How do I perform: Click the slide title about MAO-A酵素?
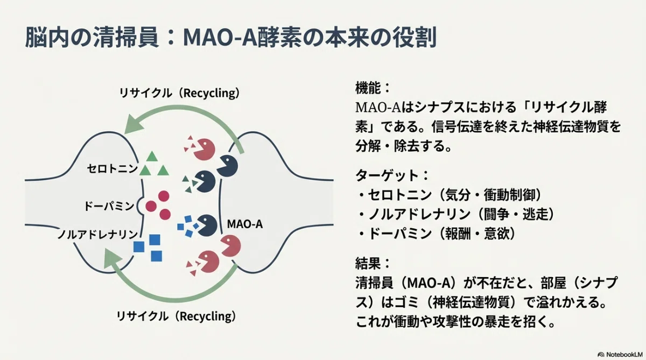pos(230,38)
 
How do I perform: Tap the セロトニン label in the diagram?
pos(112,168)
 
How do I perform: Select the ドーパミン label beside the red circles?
pos(109,206)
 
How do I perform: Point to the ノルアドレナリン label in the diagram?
pos(97,234)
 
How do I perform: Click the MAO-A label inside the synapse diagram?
pos(245,224)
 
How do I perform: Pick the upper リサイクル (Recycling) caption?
pos(179,93)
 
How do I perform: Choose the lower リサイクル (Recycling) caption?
pos(176,316)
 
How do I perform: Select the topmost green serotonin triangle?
pos(152,157)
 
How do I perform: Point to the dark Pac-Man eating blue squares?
pos(207,225)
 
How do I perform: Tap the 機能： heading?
pos(373,88)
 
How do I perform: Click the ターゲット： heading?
pos(392,175)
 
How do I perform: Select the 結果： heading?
pos(373,263)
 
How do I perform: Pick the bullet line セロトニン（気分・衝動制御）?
pos(450,195)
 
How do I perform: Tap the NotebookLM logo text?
pos(624,355)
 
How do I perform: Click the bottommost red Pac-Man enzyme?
pos(208,262)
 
